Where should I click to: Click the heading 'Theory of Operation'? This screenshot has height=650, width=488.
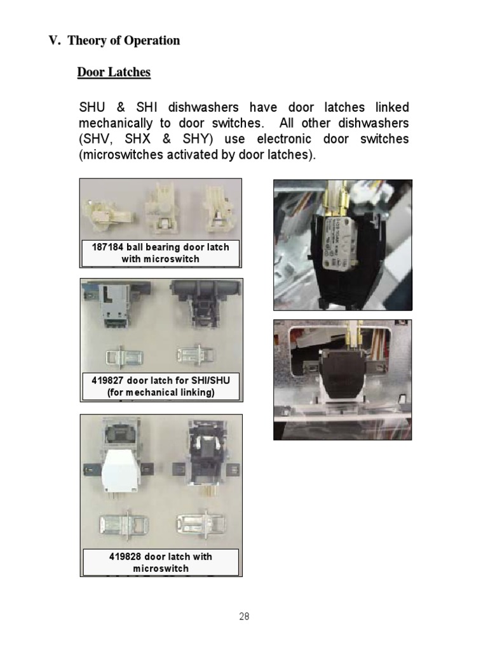123,41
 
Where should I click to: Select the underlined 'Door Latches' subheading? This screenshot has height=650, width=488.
114,72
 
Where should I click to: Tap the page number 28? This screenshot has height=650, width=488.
245,616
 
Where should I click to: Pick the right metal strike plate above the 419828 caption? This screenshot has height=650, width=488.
198,524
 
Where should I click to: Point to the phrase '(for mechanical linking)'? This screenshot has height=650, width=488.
161,392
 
